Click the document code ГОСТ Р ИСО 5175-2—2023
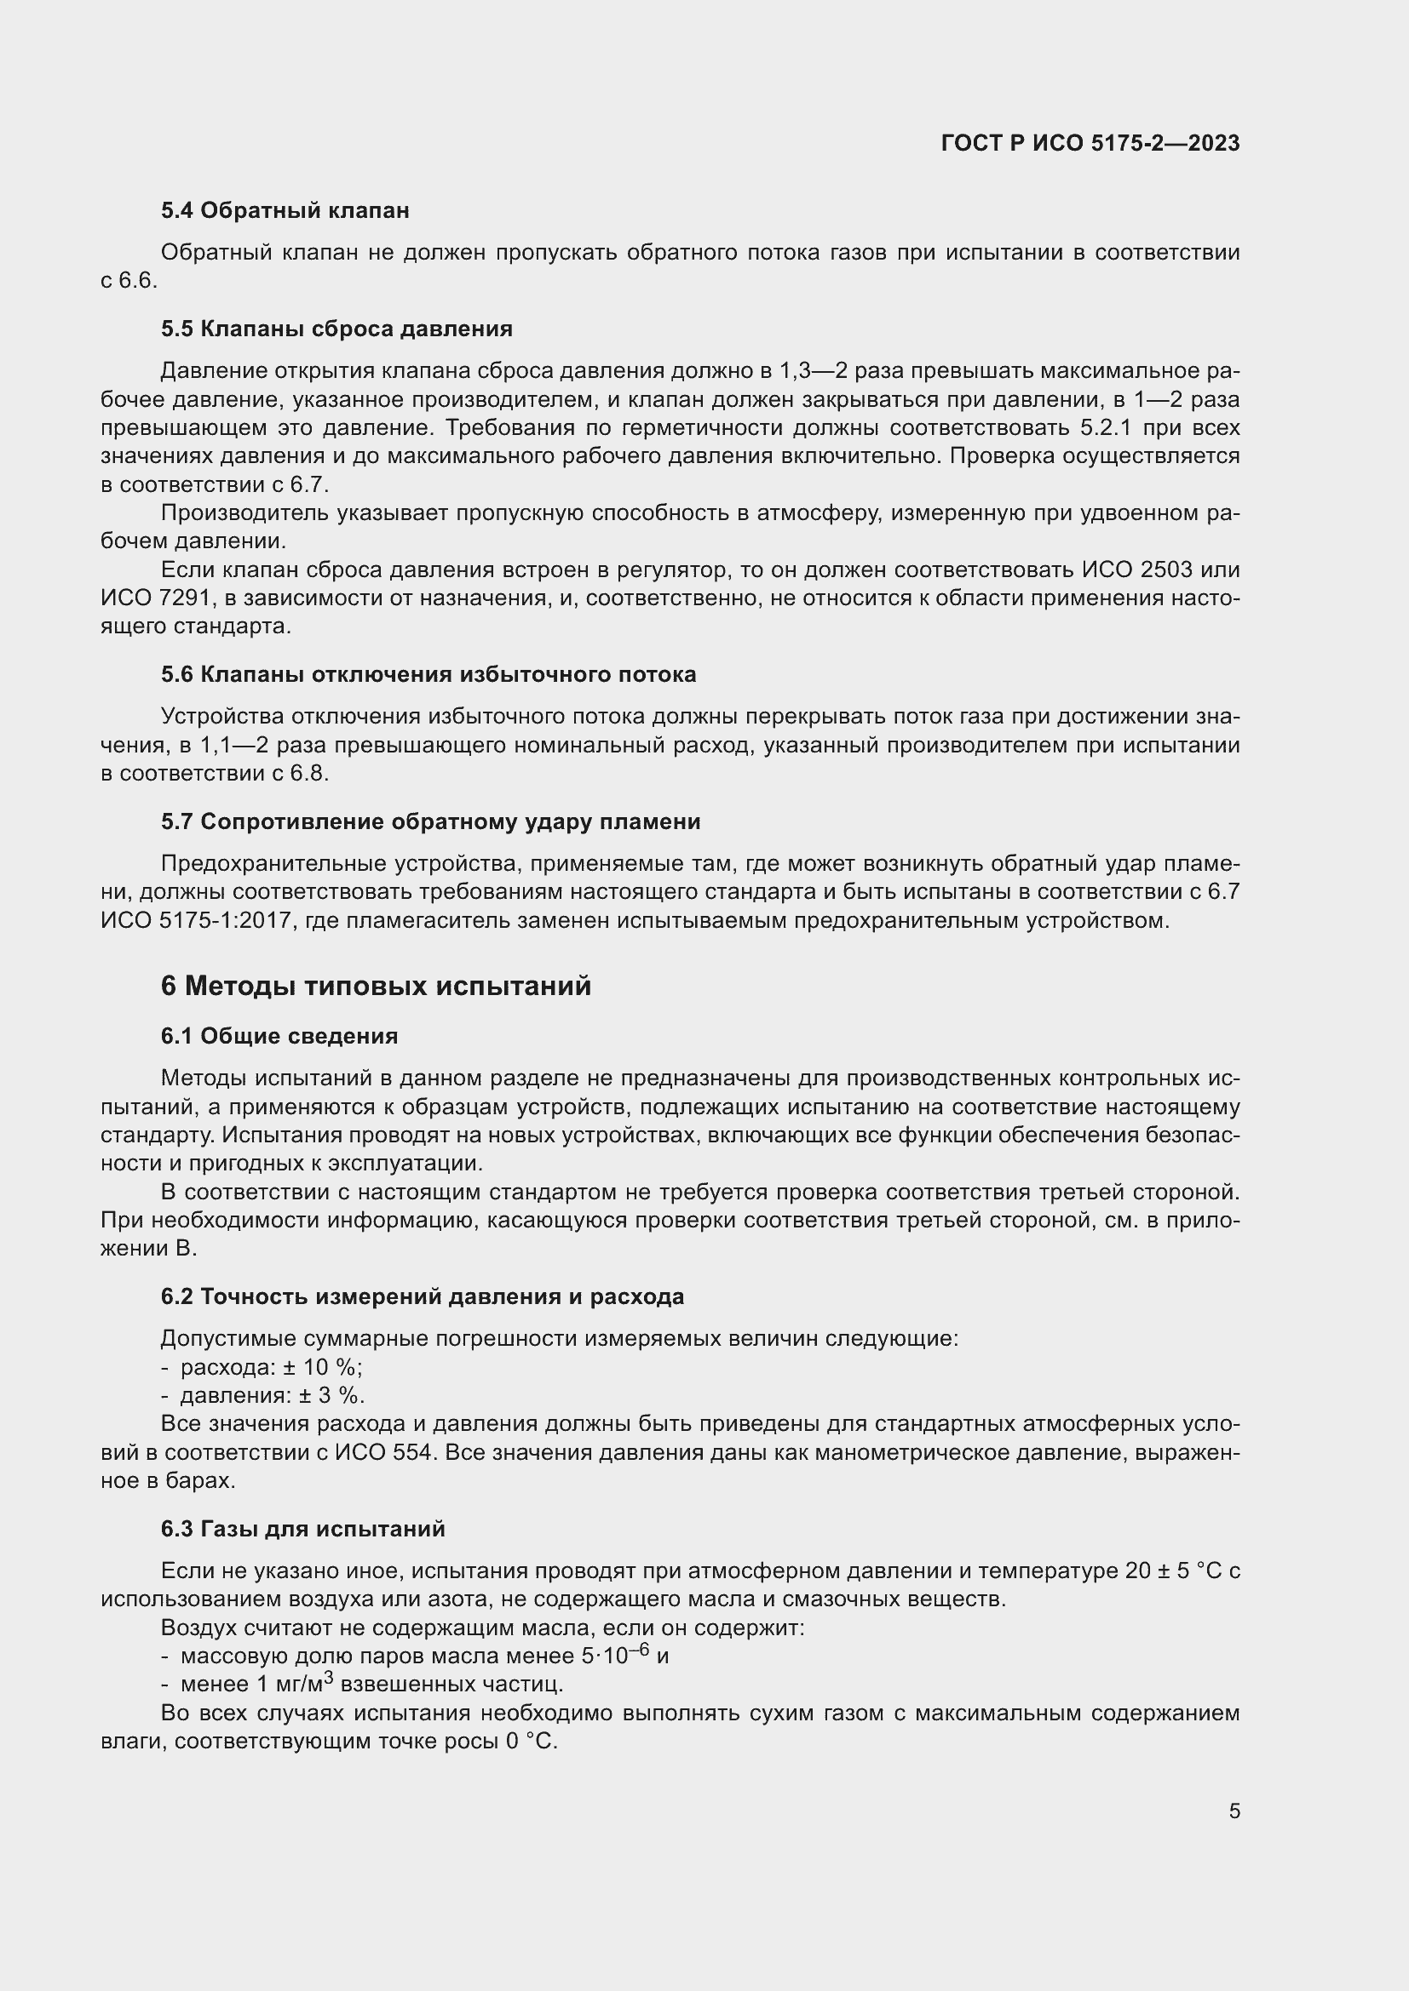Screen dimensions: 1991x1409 [x=1090, y=143]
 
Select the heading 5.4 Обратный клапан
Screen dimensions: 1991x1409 [x=285, y=211]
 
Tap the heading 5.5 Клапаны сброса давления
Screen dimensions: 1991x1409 [x=336, y=329]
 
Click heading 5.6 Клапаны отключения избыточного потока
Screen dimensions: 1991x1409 [x=428, y=675]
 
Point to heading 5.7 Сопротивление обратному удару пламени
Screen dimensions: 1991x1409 [x=430, y=821]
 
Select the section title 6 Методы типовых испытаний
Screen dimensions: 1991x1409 [x=376, y=986]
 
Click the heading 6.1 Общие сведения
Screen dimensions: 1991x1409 [x=279, y=1036]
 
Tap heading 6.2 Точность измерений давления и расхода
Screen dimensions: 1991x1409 [x=423, y=1296]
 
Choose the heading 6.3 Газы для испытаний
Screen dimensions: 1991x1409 [x=302, y=1529]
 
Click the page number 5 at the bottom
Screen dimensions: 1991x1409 [x=1234, y=1811]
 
